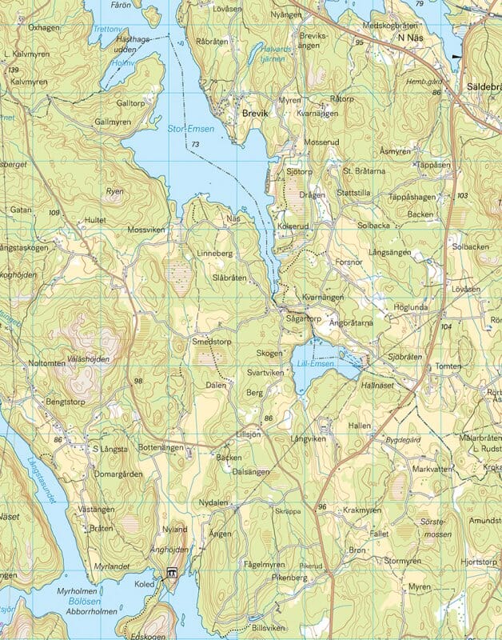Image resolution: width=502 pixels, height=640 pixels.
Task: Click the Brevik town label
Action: (257, 114)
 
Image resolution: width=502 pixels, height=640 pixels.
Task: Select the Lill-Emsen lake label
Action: (316, 365)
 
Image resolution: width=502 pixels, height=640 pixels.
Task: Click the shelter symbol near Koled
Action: (171, 573)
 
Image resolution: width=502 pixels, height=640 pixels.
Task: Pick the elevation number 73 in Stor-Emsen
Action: (195, 144)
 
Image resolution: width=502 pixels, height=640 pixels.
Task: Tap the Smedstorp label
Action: (212, 341)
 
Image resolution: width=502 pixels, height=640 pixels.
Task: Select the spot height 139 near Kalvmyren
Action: (13, 70)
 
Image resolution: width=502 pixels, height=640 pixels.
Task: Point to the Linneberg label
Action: (214, 254)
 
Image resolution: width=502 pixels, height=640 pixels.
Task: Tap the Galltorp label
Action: (131, 103)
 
